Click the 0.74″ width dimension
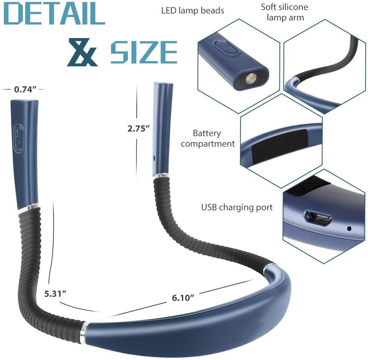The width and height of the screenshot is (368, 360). coord(25,89)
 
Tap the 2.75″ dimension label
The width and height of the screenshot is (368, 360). coord(139,129)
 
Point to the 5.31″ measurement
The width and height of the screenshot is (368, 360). coord(55,294)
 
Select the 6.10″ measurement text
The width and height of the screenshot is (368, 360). coord(183,298)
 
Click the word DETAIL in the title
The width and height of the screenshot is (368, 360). coord(54,14)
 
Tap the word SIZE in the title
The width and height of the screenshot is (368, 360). coord(144,52)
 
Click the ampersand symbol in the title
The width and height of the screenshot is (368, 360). coord(82,52)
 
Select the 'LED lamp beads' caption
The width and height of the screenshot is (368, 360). coord(193,11)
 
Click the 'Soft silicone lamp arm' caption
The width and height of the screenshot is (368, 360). coord(285,12)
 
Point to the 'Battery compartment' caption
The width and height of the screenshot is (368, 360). coord(208,139)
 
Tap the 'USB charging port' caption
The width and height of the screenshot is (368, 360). coord(237,207)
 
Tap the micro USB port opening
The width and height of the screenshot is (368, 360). coord(319,218)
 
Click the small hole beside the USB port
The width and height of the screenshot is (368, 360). coord(349,228)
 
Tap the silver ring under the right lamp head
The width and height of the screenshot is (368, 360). coord(161,175)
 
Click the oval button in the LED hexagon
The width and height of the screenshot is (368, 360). coord(227,47)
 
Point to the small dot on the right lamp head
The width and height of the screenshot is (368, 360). coord(154,158)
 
